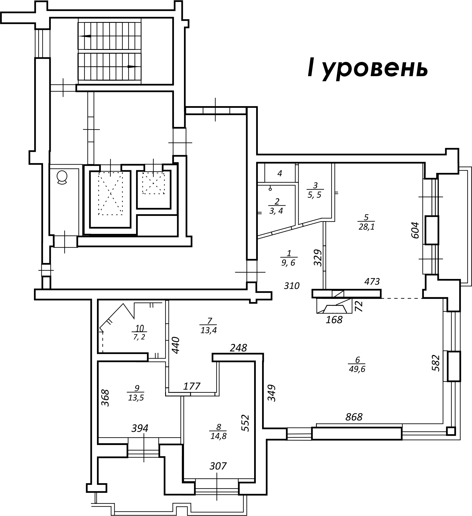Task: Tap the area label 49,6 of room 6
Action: point(357,369)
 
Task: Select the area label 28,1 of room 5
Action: point(366,227)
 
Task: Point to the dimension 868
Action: point(354,417)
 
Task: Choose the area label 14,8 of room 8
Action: point(218,436)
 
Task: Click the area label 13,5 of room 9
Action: point(136,398)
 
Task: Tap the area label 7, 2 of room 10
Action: point(139,337)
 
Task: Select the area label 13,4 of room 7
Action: point(209,330)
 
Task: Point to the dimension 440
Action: point(175,345)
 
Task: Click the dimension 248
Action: point(239,348)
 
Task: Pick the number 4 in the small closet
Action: point(280,173)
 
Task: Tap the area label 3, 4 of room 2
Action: point(276,211)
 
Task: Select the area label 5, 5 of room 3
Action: point(315,195)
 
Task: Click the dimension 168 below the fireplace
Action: point(334,320)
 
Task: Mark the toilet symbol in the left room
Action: point(62,177)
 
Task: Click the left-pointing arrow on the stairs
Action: point(86,36)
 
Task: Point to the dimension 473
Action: point(372,282)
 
